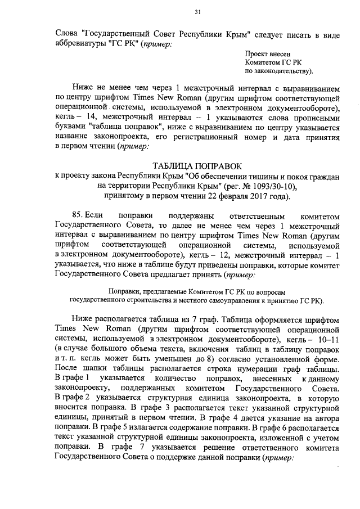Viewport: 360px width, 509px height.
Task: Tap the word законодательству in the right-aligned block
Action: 279,72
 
